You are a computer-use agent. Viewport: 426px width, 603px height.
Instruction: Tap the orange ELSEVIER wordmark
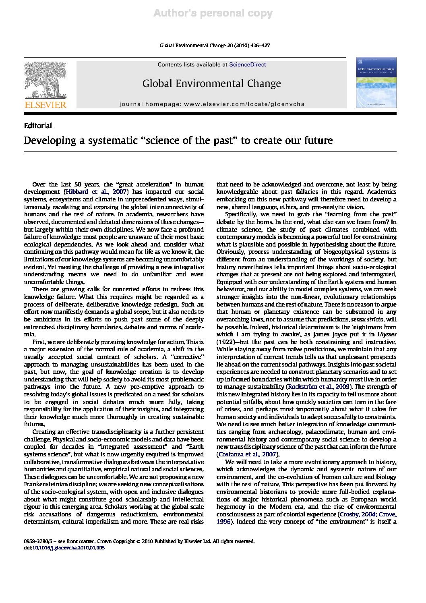45,105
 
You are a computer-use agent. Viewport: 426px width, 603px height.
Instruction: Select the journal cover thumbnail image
376,83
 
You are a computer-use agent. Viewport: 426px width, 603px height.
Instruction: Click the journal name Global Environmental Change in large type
211,84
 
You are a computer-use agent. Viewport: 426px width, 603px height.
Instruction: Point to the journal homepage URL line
212,104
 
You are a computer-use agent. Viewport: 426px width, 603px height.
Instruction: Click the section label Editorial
38,126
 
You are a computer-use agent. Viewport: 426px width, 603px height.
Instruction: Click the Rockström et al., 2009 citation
317,387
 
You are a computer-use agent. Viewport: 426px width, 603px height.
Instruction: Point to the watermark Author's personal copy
213,14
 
